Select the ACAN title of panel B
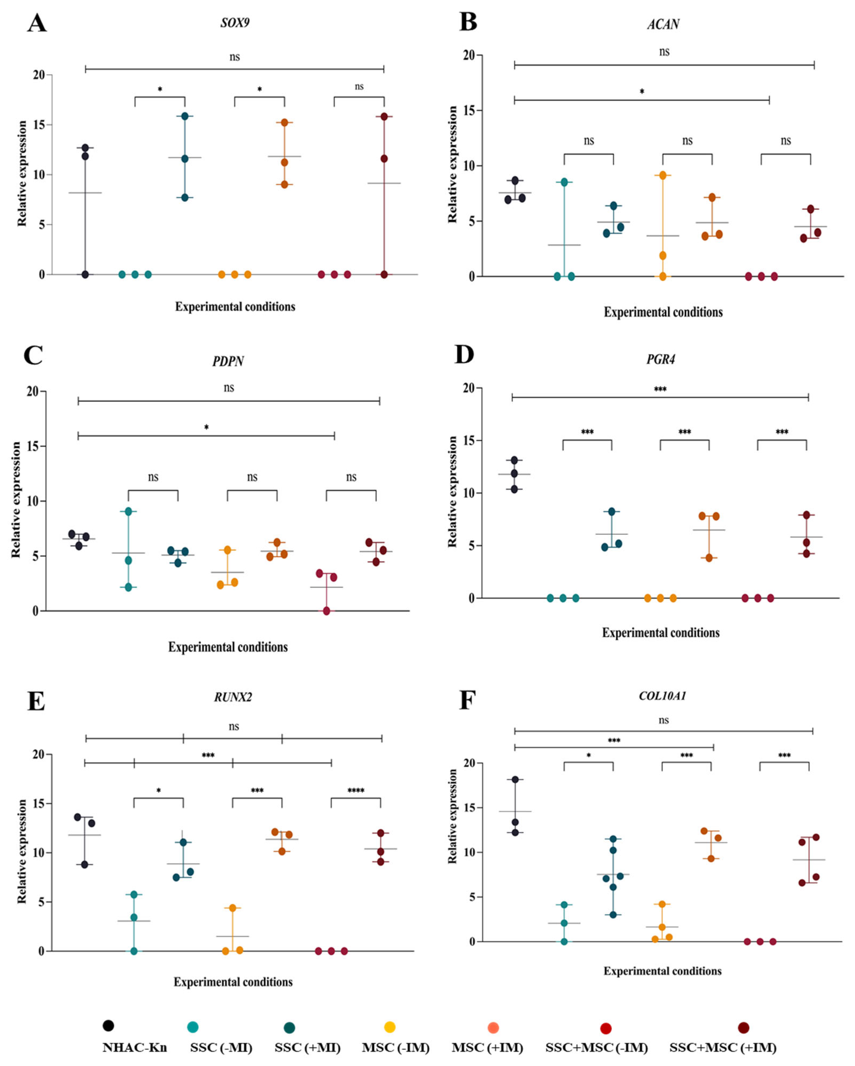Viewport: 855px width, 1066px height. (663, 24)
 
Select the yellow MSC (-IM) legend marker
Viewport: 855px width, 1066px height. (389, 1027)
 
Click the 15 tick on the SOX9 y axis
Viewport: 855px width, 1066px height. (39, 125)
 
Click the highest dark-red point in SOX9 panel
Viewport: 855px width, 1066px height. (384, 117)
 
